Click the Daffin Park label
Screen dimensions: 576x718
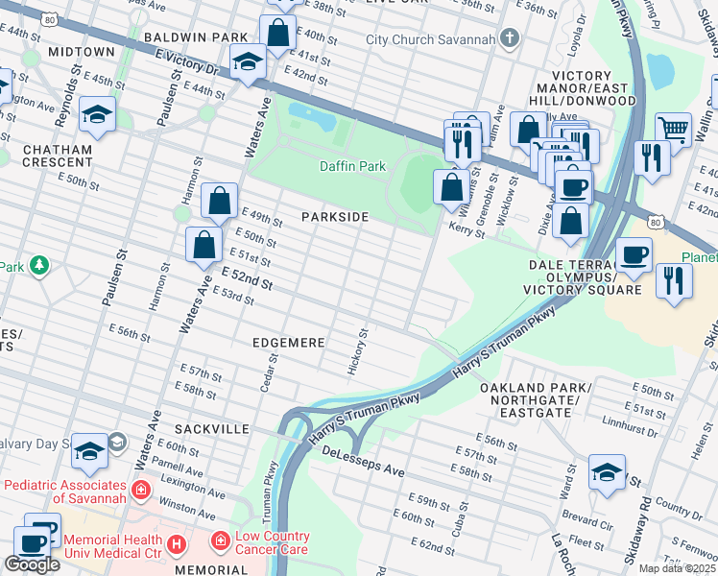(352, 166)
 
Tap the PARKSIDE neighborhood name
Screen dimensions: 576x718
(335, 217)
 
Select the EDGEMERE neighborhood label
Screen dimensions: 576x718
(289, 342)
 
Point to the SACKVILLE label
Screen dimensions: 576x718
(212, 428)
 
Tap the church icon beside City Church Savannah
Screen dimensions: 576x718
(510, 39)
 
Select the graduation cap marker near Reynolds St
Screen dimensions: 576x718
(97, 115)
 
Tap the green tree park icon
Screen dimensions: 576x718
(38, 264)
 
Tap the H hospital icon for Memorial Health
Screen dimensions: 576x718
(176, 544)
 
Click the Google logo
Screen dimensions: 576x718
(31, 564)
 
